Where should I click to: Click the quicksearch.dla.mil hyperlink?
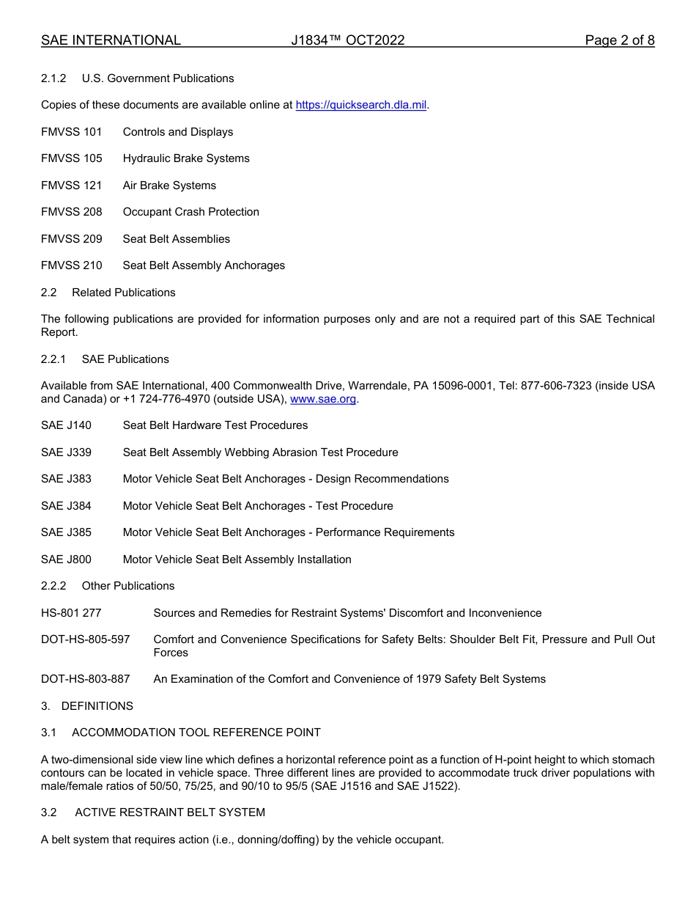pyautogui.click(x=360, y=105)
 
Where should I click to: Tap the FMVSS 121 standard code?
pyautogui.click(x=72, y=186)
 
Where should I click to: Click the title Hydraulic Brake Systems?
pyautogui.click(x=186, y=158)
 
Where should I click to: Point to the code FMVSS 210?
pyautogui.click(x=72, y=265)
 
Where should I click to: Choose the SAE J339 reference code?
pyautogui.click(x=67, y=452)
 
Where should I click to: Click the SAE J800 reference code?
pyautogui.click(x=67, y=560)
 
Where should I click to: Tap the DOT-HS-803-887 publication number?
pyautogui.click(x=86, y=679)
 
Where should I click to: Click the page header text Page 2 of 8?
pyautogui.click(x=619, y=40)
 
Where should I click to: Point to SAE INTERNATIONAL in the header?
pyautogui.click(x=111, y=40)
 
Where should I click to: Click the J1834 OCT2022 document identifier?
pyautogui.click(x=347, y=40)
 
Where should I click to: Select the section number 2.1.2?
pyautogui.click(x=54, y=78)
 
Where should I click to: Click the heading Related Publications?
pyautogui.click(x=124, y=293)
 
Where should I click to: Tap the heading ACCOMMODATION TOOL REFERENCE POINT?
pyautogui.click(x=196, y=733)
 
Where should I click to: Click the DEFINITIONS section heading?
pyautogui.click(x=97, y=706)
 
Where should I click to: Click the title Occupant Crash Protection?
pyautogui.click(x=191, y=212)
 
